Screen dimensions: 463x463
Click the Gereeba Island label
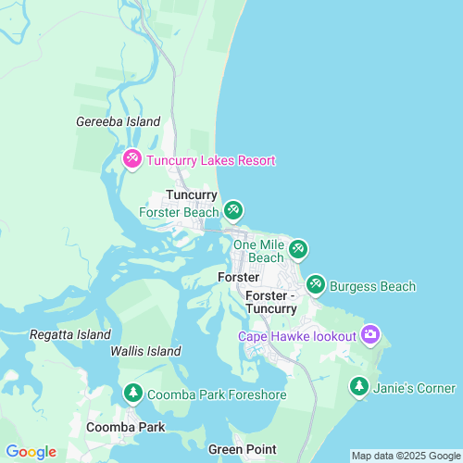(118, 121)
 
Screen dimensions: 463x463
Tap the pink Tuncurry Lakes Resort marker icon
(132, 160)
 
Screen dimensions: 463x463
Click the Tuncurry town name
(192, 195)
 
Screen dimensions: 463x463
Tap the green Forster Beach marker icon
(233, 211)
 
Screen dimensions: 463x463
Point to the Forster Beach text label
(179, 212)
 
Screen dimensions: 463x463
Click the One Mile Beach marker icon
(297, 248)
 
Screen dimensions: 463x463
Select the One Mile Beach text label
(258, 251)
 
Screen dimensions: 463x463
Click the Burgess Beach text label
(373, 286)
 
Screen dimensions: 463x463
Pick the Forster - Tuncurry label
(271, 302)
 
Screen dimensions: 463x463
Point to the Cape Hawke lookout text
(296, 336)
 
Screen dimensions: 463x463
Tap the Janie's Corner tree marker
(358, 387)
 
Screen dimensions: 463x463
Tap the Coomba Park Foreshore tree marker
(132, 394)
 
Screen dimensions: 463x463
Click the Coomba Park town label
(125, 428)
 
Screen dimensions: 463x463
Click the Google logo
(31, 452)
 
